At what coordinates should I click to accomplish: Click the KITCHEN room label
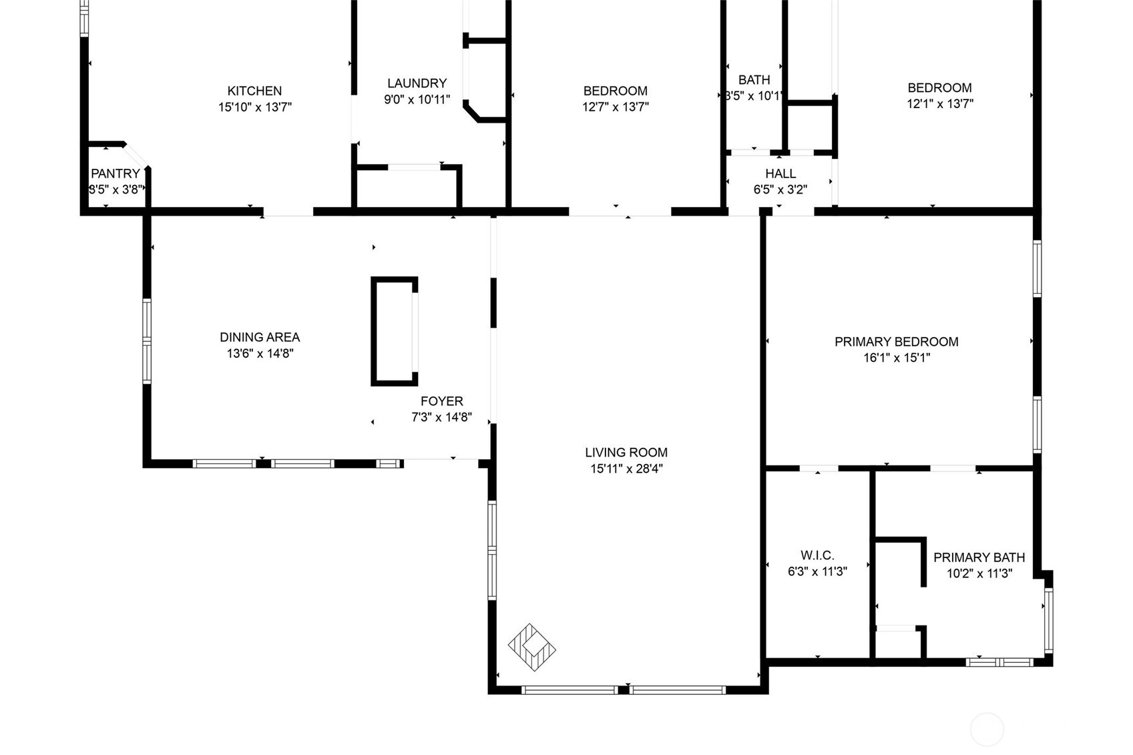(x=254, y=91)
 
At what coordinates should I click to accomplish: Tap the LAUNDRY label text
(x=417, y=83)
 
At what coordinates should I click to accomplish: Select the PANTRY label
(x=116, y=174)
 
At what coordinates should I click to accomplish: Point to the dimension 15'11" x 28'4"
(x=626, y=469)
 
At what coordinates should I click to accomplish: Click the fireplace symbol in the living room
(x=531, y=648)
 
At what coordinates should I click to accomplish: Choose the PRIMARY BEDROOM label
(x=896, y=342)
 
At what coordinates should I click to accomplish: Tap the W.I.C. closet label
(x=817, y=556)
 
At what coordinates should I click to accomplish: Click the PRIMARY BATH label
(x=979, y=557)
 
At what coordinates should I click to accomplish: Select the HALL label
(x=780, y=174)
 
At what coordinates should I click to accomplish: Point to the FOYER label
(x=441, y=401)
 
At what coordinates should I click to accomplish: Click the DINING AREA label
(x=260, y=337)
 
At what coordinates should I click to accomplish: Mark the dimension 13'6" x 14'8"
(x=260, y=354)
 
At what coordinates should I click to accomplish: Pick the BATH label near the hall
(x=754, y=80)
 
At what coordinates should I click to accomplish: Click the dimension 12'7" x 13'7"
(x=616, y=107)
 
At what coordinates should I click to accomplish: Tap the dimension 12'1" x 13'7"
(x=940, y=103)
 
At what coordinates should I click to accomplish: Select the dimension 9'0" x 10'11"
(x=417, y=99)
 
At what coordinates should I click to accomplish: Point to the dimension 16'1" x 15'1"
(x=896, y=358)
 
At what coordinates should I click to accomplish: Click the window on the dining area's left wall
(x=147, y=341)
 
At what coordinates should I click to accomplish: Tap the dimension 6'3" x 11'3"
(x=817, y=571)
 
